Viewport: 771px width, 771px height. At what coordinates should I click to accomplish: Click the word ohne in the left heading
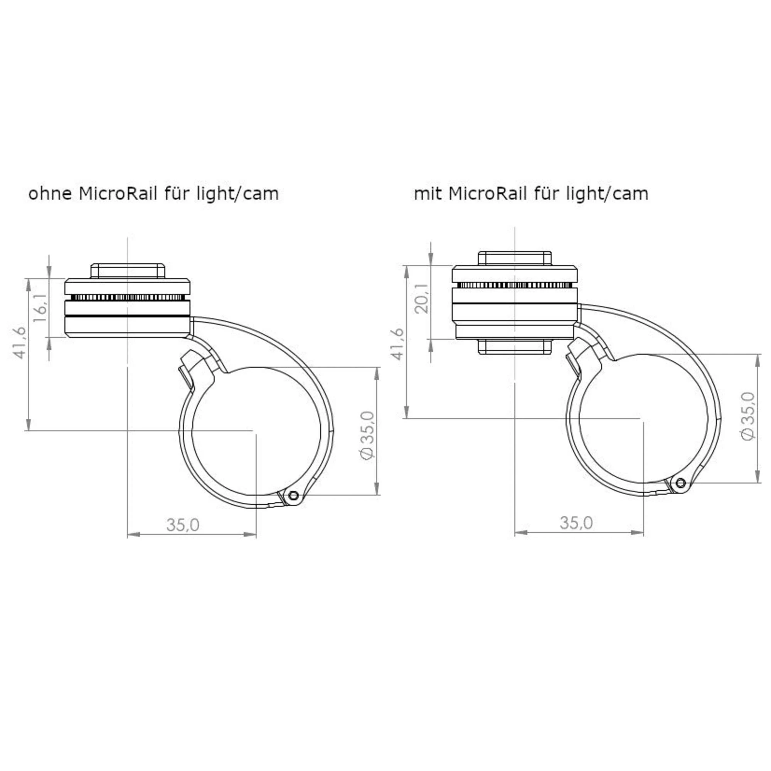50,194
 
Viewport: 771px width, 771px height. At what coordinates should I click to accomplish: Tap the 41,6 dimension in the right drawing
397,344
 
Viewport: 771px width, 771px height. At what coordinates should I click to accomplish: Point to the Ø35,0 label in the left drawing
367,436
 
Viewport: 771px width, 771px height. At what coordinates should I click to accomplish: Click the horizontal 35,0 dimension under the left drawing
183,525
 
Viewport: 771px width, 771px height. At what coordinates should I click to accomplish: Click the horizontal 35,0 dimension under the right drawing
576,523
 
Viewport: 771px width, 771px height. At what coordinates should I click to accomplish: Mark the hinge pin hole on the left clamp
294,496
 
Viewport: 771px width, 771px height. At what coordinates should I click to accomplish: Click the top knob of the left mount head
128,271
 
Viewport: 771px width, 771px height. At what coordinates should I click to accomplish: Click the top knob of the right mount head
515,258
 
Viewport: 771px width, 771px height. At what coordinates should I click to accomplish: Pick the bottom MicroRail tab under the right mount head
515,347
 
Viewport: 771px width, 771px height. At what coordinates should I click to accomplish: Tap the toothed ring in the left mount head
128,298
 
